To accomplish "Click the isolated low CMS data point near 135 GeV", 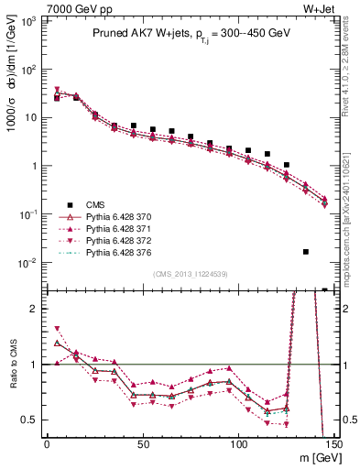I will point(305,251).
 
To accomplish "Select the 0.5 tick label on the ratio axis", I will point(31,420).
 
